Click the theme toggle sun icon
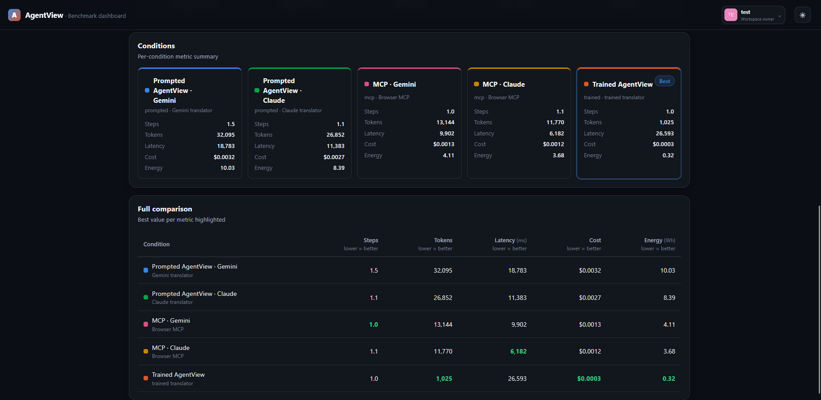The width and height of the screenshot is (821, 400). [x=802, y=15]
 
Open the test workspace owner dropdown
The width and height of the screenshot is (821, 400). [x=753, y=15]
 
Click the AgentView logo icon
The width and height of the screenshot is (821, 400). [x=14, y=15]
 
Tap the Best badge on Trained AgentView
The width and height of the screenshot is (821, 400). [x=664, y=81]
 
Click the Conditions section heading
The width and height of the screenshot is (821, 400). [x=156, y=46]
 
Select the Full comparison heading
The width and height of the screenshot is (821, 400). [x=165, y=209]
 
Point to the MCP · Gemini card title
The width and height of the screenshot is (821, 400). [x=394, y=84]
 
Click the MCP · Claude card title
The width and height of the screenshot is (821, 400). [x=504, y=84]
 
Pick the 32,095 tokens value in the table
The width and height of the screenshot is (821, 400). [x=443, y=270]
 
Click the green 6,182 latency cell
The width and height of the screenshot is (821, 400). [x=518, y=352]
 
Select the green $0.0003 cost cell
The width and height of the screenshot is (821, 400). [x=589, y=379]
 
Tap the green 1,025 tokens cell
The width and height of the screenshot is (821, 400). [x=444, y=379]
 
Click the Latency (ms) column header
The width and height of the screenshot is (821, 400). [x=511, y=240]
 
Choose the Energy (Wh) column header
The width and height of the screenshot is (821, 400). [x=660, y=240]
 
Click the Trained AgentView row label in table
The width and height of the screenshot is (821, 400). [x=178, y=375]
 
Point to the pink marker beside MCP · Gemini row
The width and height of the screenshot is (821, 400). [x=146, y=324]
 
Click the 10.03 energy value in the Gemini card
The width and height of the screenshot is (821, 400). [x=227, y=168]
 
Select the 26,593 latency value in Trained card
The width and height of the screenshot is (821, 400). [x=664, y=134]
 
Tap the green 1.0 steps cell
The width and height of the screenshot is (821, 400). [x=373, y=325]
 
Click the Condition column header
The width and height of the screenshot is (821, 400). [x=157, y=244]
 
